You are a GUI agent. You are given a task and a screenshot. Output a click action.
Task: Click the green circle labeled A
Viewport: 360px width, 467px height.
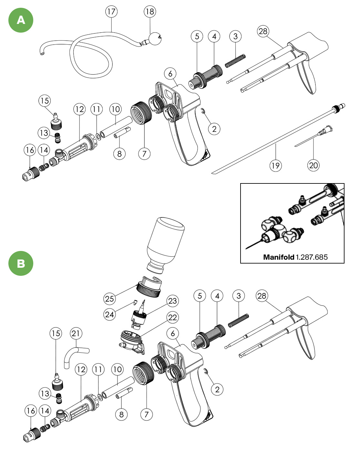21,20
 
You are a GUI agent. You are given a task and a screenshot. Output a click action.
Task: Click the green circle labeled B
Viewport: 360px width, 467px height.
21,263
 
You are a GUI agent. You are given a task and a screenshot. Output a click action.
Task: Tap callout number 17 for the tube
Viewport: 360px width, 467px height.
111,12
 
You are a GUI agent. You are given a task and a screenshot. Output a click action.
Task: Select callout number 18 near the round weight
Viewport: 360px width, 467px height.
149,12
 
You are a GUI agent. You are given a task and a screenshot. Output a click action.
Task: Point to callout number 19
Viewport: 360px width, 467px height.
275,165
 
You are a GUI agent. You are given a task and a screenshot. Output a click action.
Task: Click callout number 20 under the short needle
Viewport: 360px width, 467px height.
313,165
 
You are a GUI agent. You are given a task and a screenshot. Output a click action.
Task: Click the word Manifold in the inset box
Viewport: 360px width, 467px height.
278,257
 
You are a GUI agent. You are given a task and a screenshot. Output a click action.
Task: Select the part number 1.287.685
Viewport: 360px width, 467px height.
312,257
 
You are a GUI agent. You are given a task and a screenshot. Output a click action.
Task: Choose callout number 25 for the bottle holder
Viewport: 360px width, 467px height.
109,298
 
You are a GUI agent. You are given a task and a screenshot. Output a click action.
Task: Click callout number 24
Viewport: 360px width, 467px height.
109,314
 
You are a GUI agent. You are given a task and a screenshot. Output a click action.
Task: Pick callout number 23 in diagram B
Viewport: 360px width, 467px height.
172,301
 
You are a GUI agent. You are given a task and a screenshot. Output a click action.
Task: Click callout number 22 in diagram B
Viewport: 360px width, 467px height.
172,317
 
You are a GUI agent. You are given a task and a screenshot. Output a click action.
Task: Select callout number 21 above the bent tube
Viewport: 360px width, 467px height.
76,333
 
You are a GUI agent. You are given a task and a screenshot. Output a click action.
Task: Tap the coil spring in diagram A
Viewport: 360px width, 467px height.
235,61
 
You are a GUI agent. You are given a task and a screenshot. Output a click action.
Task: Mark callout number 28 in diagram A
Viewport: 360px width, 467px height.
263,31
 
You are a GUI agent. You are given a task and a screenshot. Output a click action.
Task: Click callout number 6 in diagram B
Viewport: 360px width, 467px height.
173,333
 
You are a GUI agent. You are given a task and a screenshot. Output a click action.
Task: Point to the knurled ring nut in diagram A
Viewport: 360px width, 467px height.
141,113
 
